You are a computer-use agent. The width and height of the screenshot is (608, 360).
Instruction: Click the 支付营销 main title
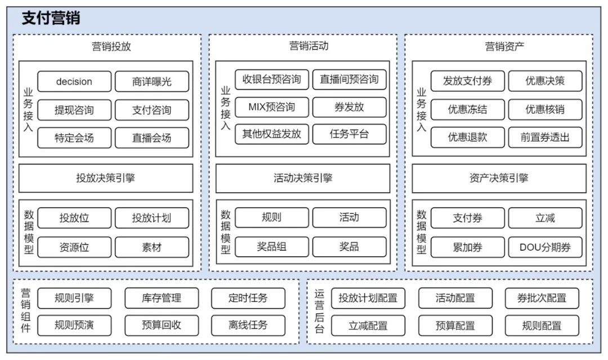point(51,18)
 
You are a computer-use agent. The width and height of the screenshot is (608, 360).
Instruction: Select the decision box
point(74,82)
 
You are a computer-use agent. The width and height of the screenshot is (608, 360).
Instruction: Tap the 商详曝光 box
point(152,82)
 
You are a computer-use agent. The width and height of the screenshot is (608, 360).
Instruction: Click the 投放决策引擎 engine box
point(106,178)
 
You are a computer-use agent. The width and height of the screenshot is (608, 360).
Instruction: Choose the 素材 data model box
point(152,247)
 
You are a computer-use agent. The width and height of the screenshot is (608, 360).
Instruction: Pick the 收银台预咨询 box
point(272,79)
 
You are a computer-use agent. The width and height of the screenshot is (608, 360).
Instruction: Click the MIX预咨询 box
point(272,107)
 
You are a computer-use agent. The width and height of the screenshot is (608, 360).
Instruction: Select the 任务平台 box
point(349,134)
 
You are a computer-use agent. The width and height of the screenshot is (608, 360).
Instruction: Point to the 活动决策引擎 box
point(303,178)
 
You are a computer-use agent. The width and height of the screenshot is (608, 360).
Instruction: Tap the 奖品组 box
point(272,247)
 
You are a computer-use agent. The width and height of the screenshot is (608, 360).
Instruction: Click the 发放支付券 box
point(467,81)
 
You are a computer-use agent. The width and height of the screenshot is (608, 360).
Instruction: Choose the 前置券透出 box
point(545,137)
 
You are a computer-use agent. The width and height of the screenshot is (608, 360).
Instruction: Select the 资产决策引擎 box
point(499,178)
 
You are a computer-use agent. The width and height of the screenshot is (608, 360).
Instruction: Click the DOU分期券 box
point(545,247)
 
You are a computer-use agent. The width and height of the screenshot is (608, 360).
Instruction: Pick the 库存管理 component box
point(162,298)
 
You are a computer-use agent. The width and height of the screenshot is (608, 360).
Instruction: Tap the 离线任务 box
point(248,325)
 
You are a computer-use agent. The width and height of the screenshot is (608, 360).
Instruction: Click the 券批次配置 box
point(542,298)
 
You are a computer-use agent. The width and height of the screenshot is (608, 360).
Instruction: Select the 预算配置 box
point(455,325)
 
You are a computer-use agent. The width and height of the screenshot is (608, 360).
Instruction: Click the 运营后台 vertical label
point(319,312)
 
